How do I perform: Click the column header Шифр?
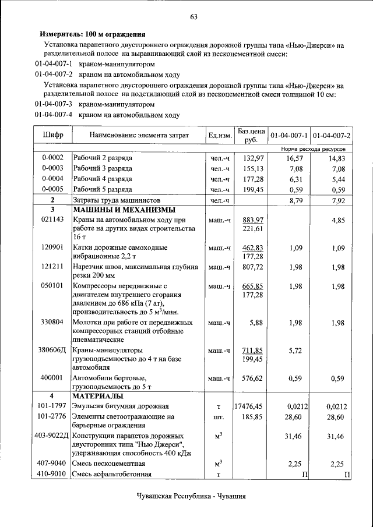click(x=53, y=135)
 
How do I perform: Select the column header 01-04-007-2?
click(x=331, y=136)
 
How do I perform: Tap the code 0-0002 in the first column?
click(x=53, y=158)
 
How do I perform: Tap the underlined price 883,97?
click(x=253, y=220)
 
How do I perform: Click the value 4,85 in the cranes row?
click(x=337, y=220)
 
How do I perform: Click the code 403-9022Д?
click(x=52, y=436)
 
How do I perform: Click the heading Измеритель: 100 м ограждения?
click(x=93, y=34)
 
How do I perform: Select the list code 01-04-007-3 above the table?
click(x=54, y=105)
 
